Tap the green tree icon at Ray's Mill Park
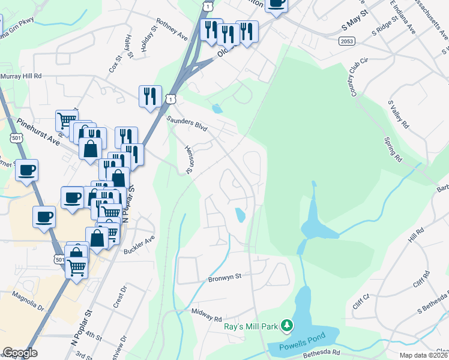(x=288, y=326)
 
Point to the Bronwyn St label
(x=224, y=277)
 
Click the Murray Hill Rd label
(x=20, y=76)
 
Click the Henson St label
(x=190, y=159)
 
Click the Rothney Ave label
(x=172, y=28)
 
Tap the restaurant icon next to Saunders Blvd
(x=149, y=96)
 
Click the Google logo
(x=20, y=353)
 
